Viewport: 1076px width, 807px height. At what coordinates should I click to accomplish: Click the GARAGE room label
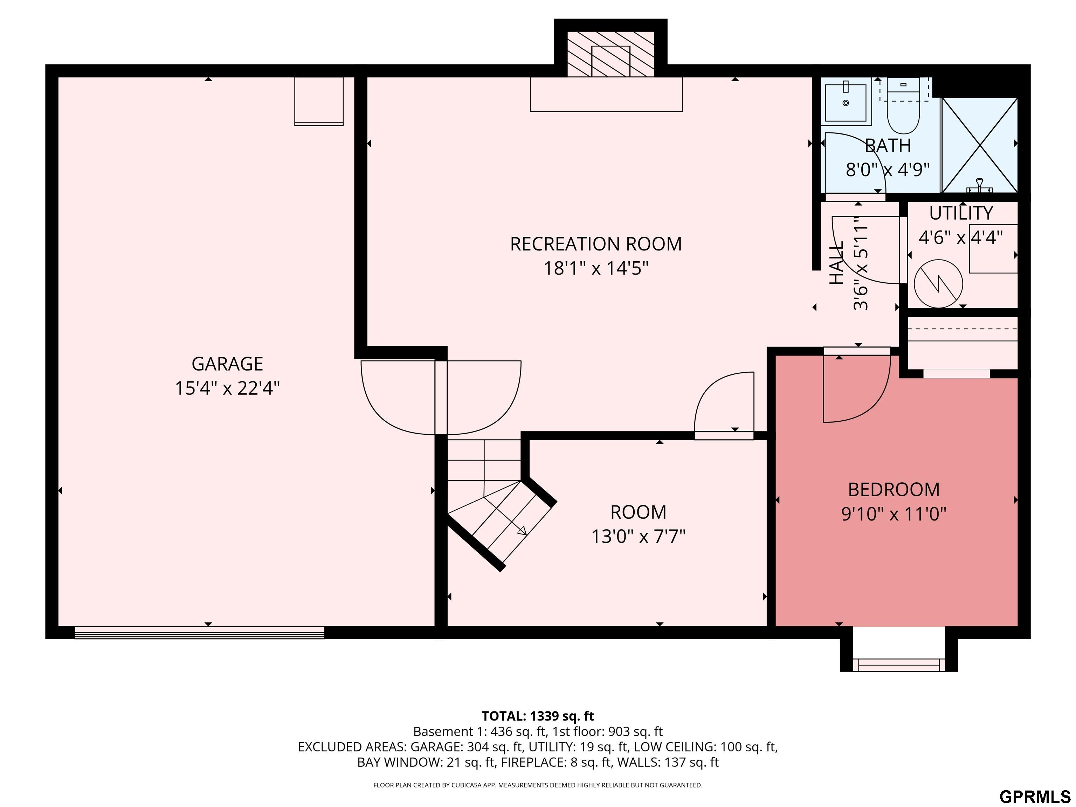coord(227,364)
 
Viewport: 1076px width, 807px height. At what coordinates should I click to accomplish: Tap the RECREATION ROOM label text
coord(596,244)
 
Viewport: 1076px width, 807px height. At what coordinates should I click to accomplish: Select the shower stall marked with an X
coord(980,145)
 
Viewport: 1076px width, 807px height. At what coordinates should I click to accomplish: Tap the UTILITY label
coord(961,213)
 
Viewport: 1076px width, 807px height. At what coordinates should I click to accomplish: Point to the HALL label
coord(836,264)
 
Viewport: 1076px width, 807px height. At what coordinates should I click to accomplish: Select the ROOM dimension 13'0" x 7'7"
coord(638,537)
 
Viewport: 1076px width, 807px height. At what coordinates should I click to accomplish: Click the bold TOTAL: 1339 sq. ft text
coord(538,716)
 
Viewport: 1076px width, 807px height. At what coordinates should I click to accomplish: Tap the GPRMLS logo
coord(1035,796)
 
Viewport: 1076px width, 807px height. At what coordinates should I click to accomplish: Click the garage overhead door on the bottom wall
coord(199,632)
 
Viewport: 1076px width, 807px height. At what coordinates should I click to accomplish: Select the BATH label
coord(888,145)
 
